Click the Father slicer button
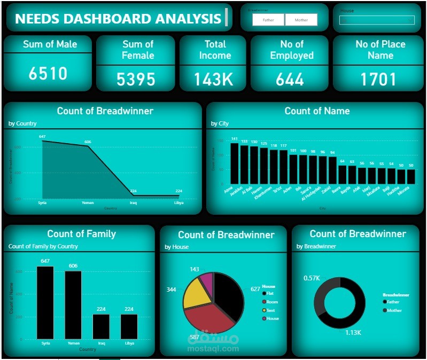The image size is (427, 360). tap(268, 20)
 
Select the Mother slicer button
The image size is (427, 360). tap(301, 20)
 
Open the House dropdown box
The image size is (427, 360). tap(377, 20)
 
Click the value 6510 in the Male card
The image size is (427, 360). tap(48, 74)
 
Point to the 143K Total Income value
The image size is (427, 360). tap(213, 80)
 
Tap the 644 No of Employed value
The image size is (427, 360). tap(290, 80)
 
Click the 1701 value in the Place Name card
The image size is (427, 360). tap(378, 80)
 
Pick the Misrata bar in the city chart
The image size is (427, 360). tap(410, 176)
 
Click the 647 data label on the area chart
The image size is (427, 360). tap(42, 137)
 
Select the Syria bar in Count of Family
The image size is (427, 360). tap(45, 302)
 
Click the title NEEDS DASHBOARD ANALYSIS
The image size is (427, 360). tap(118, 19)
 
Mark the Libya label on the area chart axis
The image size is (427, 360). tap(179, 203)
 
